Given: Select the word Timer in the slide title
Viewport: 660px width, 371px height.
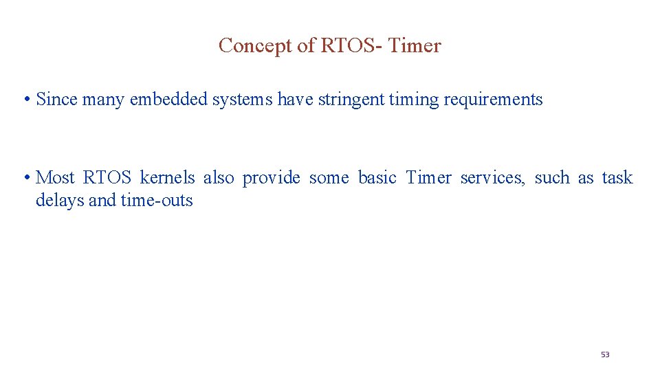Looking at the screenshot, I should [x=415, y=46].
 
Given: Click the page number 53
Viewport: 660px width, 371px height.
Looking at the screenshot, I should [x=605, y=355].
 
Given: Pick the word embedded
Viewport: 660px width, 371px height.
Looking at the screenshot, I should [x=168, y=100].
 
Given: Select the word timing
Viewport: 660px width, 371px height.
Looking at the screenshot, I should [x=413, y=100].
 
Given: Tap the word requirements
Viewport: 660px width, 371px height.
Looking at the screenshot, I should [x=493, y=100].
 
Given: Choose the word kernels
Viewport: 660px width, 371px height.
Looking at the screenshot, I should [x=167, y=178].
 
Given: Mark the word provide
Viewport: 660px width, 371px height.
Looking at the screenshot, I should [x=271, y=178].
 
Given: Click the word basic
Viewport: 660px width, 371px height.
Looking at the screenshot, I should [x=377, y=178].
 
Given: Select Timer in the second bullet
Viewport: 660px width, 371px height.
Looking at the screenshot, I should [x=428, y=178].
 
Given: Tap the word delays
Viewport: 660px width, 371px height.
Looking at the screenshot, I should [x=60, y=201].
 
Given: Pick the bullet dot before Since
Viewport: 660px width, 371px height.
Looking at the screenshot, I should [x=25, y=100].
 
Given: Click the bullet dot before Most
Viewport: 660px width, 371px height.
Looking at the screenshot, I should [x=25, y=179].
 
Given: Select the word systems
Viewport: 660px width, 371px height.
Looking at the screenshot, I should [x=242, y=100].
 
